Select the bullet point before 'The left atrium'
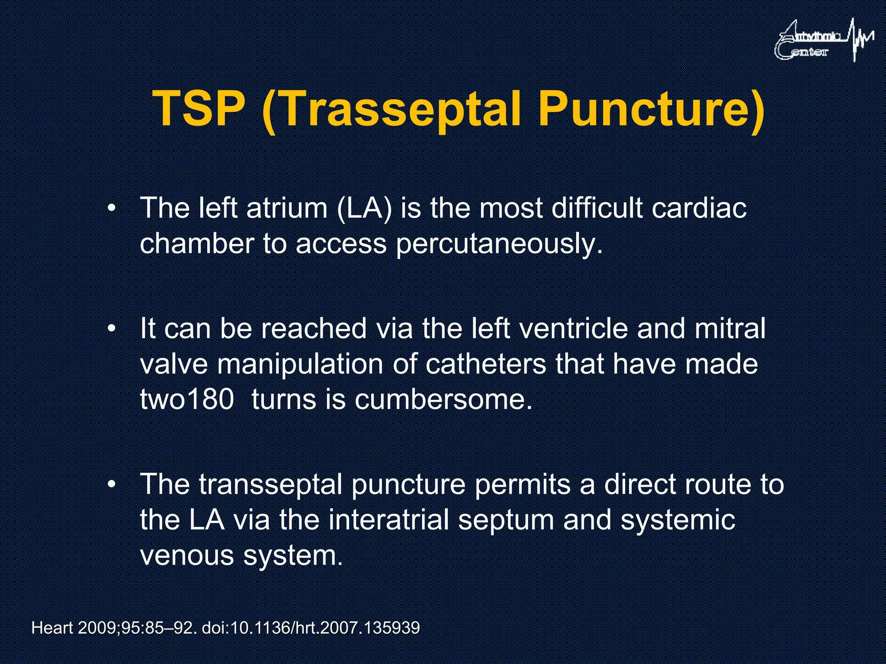[x=112, y=209]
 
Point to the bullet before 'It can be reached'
[x=112, y=329]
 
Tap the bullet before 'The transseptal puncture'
[x=112, y=485]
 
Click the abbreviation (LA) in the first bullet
[x=364, y=208]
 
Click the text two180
[x=187, y=399]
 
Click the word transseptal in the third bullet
[x=271, y=484]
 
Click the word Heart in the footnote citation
[x=52, y=628]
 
